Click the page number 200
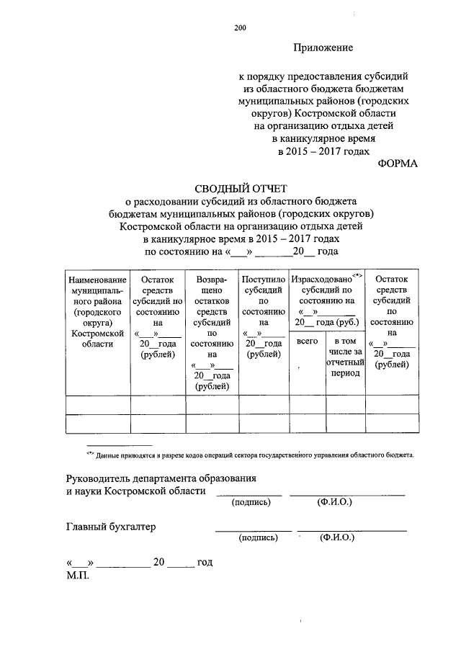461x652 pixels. (240, 29)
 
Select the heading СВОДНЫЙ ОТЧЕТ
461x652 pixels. (241, 189)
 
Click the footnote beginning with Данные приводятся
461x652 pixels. (250, 455)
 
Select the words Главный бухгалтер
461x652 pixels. (110, 527)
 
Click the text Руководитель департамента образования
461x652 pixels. (161, 478)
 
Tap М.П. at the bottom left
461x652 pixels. (76, 576)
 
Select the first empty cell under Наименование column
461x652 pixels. (97, 405)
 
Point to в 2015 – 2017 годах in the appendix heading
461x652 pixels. (323, 151)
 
